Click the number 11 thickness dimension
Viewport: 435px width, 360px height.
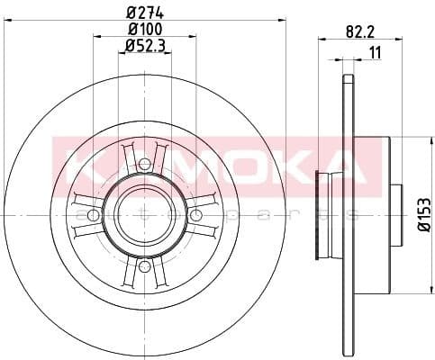(372, 52)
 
